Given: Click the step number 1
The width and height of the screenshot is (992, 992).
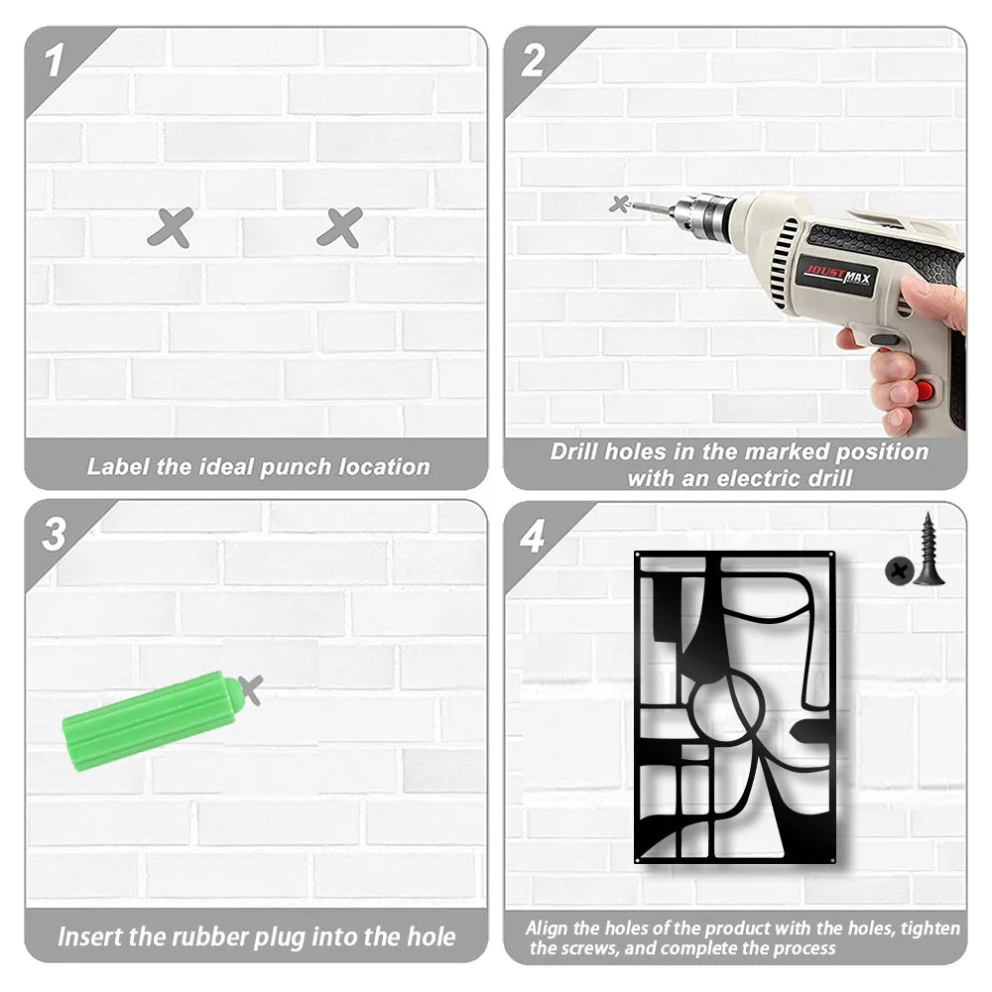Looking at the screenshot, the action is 54,61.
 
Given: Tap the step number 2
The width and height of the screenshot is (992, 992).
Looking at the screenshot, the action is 533,61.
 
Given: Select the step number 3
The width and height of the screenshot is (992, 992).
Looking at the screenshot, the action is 54,534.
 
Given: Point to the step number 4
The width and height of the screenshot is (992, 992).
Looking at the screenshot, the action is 532,537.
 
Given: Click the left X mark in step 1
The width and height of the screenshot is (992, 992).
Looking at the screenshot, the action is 171,227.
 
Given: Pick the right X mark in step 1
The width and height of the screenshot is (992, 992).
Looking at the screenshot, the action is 339,227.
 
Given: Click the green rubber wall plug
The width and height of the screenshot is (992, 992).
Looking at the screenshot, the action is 152,720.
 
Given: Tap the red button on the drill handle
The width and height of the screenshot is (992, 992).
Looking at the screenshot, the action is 925,390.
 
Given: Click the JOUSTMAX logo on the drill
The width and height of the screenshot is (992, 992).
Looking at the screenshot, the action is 837,275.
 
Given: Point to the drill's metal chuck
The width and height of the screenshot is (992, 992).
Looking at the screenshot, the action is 702,213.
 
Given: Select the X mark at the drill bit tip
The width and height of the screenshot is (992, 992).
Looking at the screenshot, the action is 620,203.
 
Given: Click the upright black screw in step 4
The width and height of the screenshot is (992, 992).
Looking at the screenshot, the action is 929,550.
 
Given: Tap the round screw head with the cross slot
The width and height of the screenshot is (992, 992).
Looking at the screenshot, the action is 899,571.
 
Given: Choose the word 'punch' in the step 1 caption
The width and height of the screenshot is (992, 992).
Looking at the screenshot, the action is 296,467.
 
